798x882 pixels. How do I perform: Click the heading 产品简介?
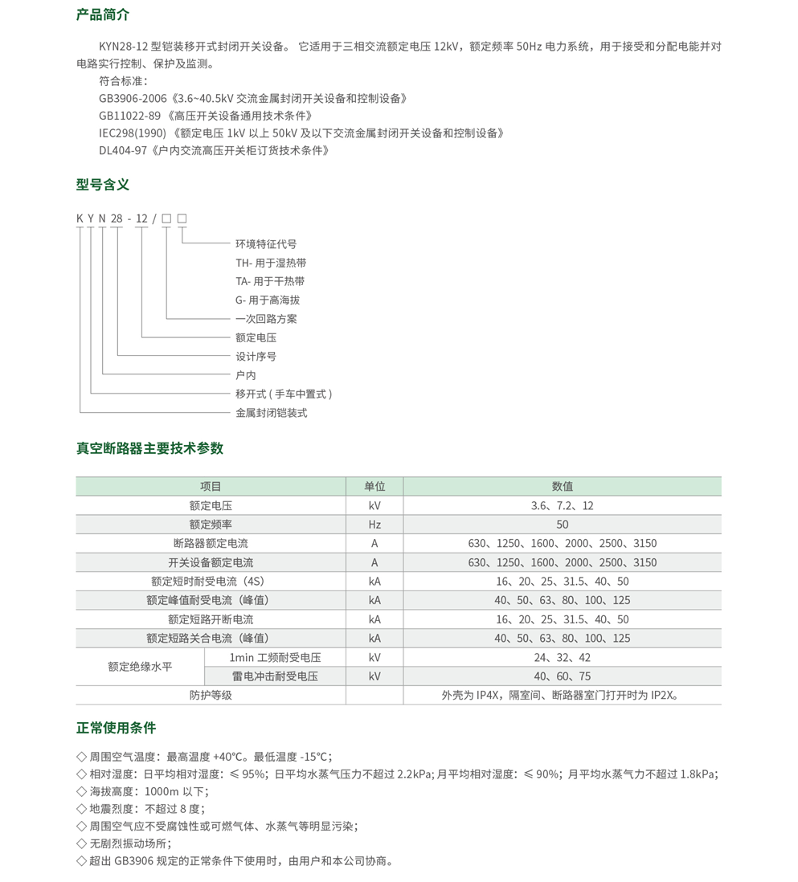click(102, 15)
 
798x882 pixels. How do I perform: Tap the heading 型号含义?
click(102, 185)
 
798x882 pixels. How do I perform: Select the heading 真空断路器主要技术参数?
click(149, 448)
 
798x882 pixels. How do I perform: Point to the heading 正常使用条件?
click(116, 729)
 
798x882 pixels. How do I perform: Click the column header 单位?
click(374, 487)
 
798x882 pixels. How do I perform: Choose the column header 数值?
click(562, 487)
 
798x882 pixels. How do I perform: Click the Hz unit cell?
click(374, 525)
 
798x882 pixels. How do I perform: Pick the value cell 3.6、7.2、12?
click(562, 506)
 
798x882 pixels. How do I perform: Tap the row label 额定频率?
click(211, 525)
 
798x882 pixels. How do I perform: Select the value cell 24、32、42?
click(562, 657)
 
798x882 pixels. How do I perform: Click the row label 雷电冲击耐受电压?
click(275, 676)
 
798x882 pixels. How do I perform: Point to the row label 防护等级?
click(211, 695)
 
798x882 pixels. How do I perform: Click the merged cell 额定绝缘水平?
click(140, 667)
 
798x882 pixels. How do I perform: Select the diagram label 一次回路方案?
click(266, 319)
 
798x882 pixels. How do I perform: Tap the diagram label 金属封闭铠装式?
click(271, 413)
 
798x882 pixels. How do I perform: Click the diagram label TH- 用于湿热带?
click(270, 263)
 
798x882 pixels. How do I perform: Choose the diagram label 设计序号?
click(256, 357)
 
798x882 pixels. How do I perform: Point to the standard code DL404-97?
click(123, 150)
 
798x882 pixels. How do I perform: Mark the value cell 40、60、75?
click(562, 676)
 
